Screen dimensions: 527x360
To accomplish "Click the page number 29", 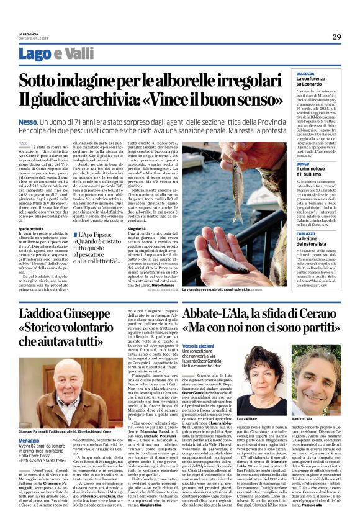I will [x=336, y=36].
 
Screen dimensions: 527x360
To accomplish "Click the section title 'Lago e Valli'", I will [x=52, y=53].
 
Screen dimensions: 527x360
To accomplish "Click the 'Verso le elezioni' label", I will [x=199, y=345].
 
